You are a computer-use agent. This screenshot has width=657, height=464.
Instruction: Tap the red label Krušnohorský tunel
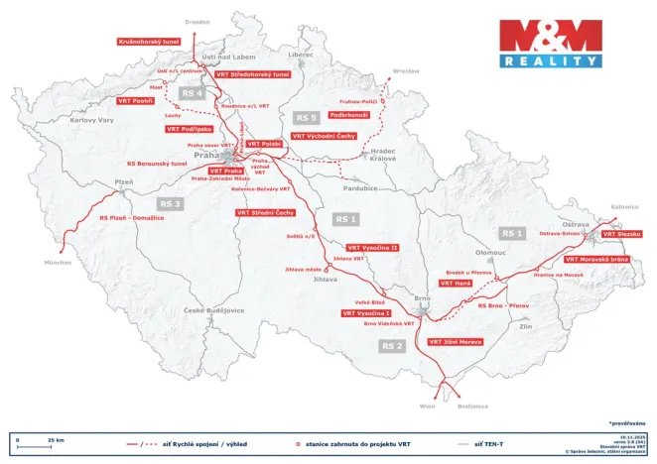pyautogui.click(x=149, y=42)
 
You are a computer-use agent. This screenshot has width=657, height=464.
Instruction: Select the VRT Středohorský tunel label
pyautogui.click(x=252, y=74)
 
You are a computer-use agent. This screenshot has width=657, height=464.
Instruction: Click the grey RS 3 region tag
pyautogui.click(x=171, y=203)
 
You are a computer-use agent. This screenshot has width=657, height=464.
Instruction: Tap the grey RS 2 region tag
pyautogui.click(x=392, y=345)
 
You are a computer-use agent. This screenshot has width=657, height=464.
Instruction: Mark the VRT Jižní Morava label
pyautogui.click(x=455, y=341)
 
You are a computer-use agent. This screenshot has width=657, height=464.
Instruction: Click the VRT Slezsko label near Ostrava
pyautogui.click(x=621, y=234)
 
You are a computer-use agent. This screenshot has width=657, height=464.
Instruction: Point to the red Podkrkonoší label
pyautogui.click(x=349, y=115)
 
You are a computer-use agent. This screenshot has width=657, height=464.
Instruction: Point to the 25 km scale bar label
pyautogui.click(x=56, y=438)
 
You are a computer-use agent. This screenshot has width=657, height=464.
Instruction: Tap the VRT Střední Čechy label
pyautogui.click(x=265, y=212)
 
